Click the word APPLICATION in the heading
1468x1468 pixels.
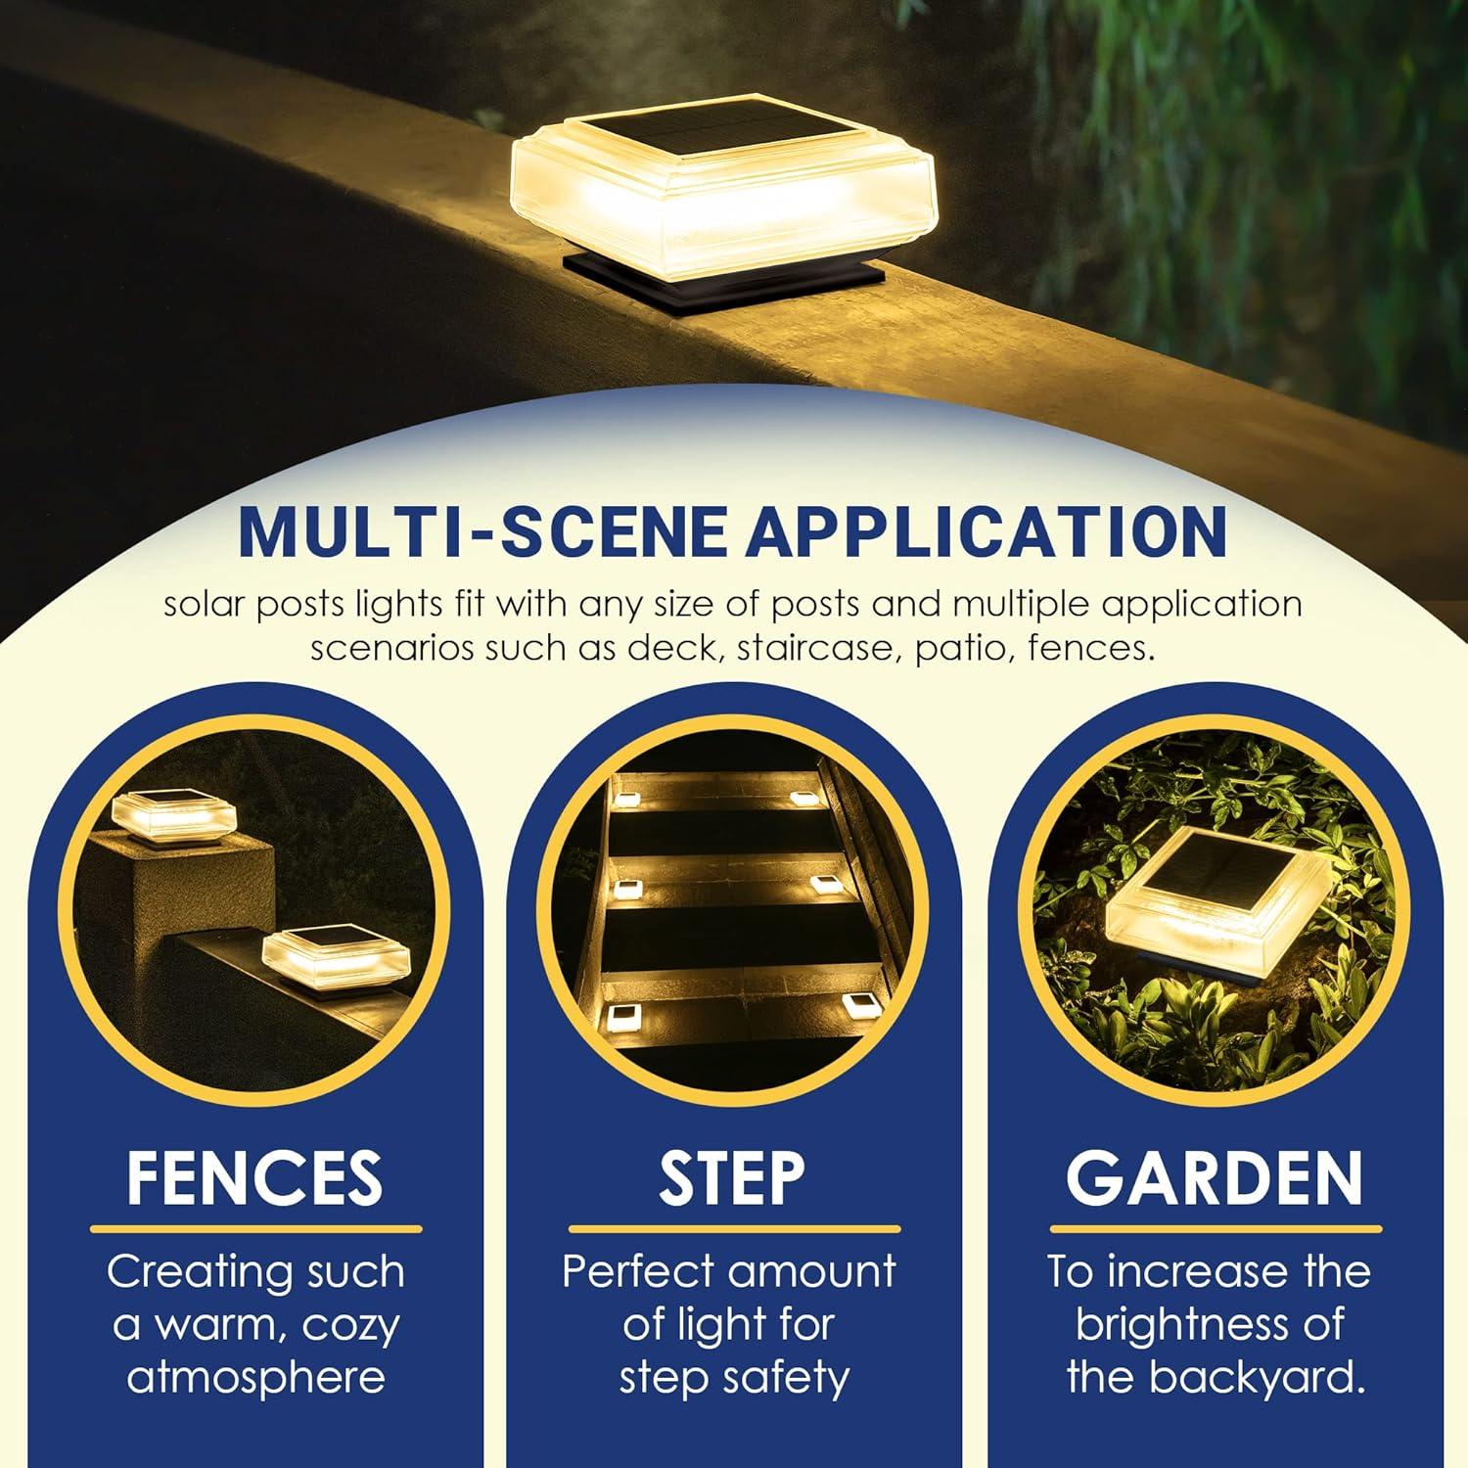(986, 530)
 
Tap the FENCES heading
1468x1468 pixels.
(254, 1177)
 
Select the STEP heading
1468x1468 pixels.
(732, 1177)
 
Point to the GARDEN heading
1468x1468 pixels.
(1215, 1177)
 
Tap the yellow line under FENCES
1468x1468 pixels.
(256, 1229)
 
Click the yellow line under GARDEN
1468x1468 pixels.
(1216, 1229)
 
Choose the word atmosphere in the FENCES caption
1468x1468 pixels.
(255, 1378)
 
